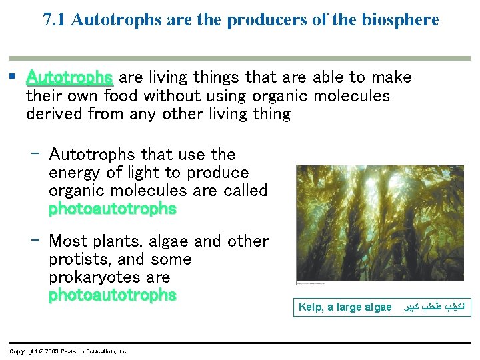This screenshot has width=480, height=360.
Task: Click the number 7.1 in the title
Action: click(55, 19)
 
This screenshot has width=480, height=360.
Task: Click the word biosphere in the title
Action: click(404, 19)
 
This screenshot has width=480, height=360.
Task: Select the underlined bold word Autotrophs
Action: click(69, 78)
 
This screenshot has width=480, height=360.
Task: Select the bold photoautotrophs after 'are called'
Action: click(112, 209)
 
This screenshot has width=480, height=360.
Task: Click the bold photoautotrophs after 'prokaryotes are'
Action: click(112, 295)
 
